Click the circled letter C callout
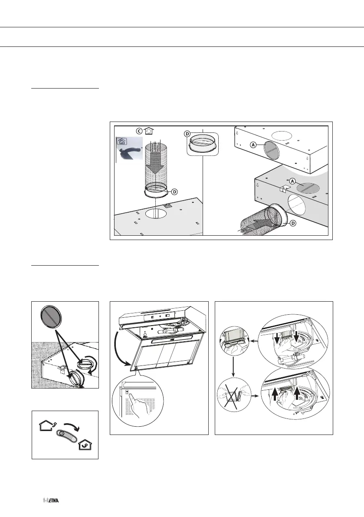click(x=139, y=130)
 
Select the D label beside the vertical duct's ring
click(x=174, y=191)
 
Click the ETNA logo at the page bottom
click(x=51, y=501)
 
